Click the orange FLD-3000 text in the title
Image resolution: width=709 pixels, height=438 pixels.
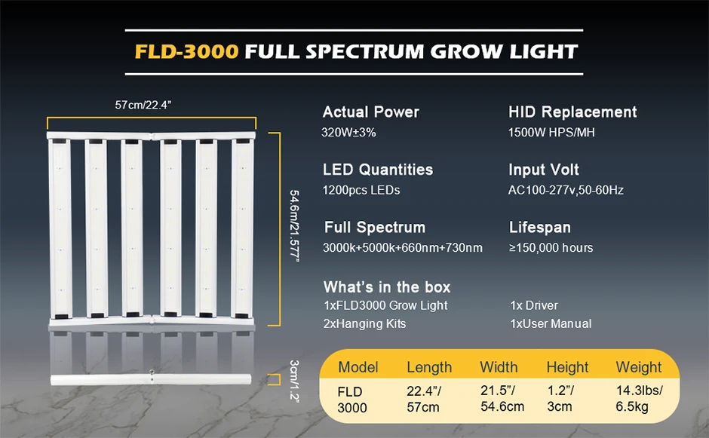coord(186,52)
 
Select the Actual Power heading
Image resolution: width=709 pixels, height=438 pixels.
coord(370,112)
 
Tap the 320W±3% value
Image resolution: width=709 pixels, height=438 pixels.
coord(348,133)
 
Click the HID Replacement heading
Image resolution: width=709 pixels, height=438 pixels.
coord(572,112)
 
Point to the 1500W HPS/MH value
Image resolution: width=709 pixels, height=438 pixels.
coord(553,133)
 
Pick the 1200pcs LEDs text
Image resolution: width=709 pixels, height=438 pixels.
coord(361,190)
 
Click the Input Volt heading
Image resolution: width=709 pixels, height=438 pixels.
coord(544,170)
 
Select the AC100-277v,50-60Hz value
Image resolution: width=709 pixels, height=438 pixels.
coord(566,190)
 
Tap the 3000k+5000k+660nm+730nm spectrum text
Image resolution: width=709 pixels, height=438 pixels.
coord(402,248)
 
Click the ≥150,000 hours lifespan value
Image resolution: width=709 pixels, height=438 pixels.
coord(551,248)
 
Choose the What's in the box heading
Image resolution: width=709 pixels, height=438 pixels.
coord(387,287)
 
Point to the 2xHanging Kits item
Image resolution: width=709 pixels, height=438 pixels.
coord(364,324)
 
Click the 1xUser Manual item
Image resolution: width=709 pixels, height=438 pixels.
coord(551,324)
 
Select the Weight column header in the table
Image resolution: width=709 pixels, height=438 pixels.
coord(638,367)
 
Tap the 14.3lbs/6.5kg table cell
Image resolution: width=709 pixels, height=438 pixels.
coord(639,400)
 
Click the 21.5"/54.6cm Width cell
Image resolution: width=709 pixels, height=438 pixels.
coord(502,400)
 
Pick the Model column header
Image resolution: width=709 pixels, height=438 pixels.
coord(358,367)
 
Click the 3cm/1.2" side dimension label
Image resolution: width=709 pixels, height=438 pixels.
coord(294,380)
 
